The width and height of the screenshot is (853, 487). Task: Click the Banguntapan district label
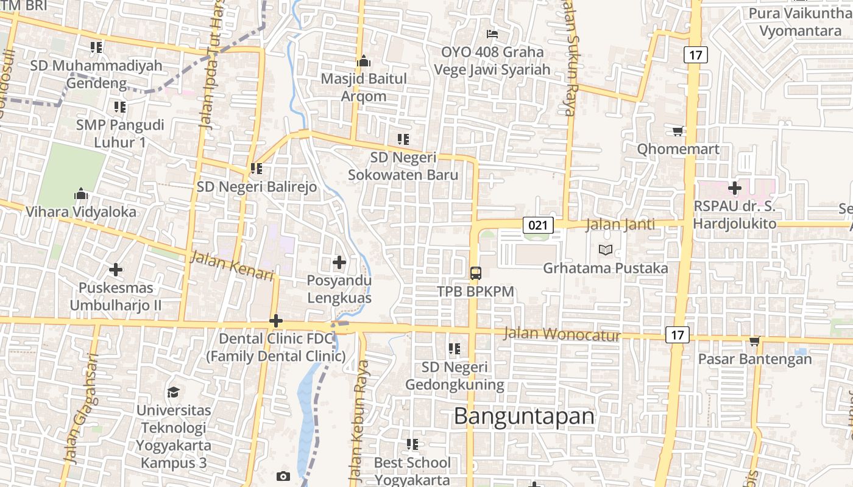[x=524, y=416]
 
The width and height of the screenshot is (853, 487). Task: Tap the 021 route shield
[x=538, y=225]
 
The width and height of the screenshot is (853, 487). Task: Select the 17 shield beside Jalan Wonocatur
[x=677, y=334]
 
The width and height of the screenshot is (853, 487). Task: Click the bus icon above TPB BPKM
[x=476, y=273]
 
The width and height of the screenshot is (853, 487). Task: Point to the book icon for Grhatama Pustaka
[x=606, y=250]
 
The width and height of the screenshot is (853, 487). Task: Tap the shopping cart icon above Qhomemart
[x=678, y=131]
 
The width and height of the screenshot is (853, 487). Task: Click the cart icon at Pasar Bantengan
[x=755, y=341]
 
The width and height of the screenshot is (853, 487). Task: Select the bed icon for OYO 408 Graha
[x=492, y=34]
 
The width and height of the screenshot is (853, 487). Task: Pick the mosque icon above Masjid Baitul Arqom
[x=364, y=61]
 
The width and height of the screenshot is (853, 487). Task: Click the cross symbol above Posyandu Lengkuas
[x=339, y=262]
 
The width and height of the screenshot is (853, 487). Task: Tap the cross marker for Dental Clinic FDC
[x=276, y=320]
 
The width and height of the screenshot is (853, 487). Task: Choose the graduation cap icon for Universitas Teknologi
[x=174, y=392]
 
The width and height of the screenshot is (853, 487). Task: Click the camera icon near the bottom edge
[x=283, y=476]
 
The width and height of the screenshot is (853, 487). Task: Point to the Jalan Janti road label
[x=620, y=225]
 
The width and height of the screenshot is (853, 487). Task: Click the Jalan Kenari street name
[x=232, y=266]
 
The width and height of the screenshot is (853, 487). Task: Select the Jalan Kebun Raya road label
[x=359, y=420]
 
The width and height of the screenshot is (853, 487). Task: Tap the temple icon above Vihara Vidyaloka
[x=81, y=194]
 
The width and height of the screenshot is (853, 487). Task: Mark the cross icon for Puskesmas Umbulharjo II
[x=116, y=269]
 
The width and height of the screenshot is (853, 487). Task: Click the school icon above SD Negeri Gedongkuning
[x=455, y=349]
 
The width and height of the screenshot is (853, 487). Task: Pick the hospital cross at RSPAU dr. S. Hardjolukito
[x=735, y=188]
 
